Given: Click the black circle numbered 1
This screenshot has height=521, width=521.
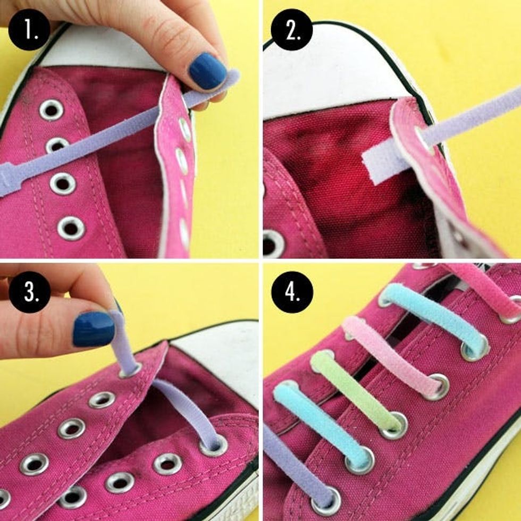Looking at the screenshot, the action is pyautogui.click(x=29, y=30).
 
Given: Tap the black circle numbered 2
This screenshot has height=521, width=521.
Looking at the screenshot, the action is pyautogui.click(x=292, y=30).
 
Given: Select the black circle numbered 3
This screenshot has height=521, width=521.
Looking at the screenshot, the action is pyautogui.click(x=29, y=292).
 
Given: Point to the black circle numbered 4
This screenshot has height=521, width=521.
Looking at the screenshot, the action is pyautogui.click(x=292, y=292).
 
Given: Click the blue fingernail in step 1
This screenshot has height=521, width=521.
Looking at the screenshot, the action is pyautogui.click(x=208, y=71).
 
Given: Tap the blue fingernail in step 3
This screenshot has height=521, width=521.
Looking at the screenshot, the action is pyautogui.click(x=94, y=329).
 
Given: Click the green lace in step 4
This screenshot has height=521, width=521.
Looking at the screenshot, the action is pyautogui.click(x=357, y=393).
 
